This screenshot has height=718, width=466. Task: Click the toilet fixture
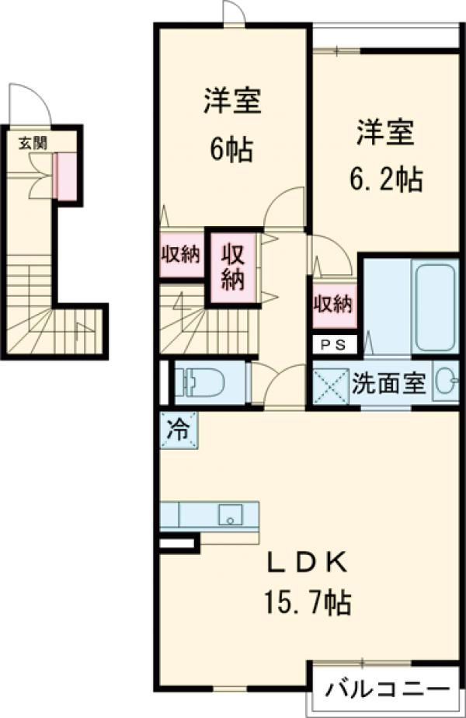click(x=203, y=382)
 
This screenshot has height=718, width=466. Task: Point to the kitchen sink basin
click(x=229, y=514)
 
